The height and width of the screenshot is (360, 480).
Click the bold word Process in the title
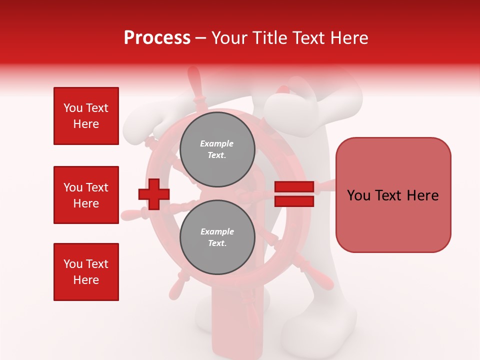pos(157,38)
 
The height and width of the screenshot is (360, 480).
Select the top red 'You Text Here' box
pos(86,116)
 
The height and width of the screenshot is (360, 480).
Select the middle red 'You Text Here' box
pos(86,195)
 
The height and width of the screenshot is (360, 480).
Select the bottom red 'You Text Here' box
pos(86,272)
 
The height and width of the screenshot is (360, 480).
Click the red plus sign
pos(153,194)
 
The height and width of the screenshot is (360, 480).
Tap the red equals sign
pos(294,194)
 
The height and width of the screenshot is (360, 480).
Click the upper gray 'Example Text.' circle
pos(217,149)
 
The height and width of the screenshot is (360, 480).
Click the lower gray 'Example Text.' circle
pos(217,237)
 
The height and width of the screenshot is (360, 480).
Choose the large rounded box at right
pos(393,194)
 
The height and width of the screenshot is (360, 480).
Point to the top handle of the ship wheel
pos(194,82)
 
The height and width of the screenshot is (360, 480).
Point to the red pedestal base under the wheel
pos(230,325)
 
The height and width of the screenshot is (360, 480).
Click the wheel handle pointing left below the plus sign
pos(132,215)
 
